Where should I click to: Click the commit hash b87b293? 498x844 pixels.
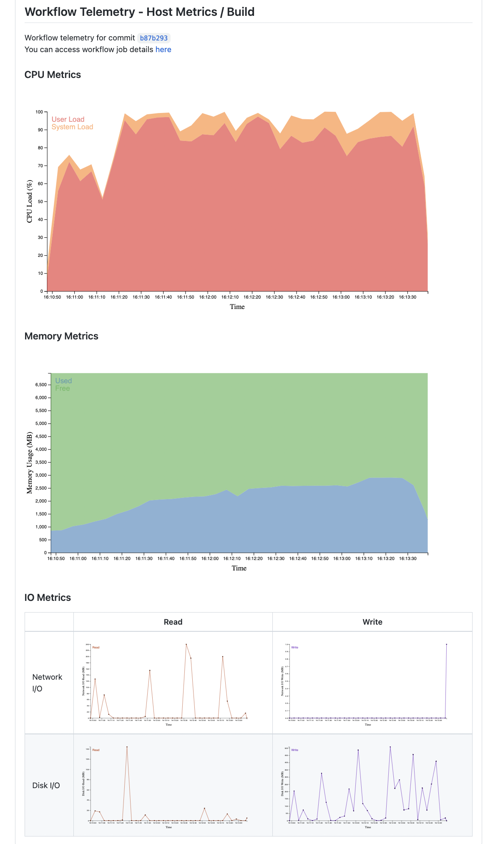[153, 38]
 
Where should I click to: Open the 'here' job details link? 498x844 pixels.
[163, 50]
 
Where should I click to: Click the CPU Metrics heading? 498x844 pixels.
[53, 75]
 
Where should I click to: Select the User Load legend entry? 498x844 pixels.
[68, 119]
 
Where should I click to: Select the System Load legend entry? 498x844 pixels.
[72, 127]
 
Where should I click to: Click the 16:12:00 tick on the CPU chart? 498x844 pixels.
[207, 297]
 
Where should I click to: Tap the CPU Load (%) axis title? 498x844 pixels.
[30, 201]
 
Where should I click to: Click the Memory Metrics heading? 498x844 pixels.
[61, 336]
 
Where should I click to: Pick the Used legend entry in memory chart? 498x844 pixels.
[63, 381]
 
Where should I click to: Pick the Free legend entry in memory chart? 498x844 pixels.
[63, 388]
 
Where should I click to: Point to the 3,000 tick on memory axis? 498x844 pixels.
[41, 475]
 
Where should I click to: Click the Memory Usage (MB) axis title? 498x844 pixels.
[30, 463]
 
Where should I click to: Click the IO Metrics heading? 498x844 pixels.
[48, 598]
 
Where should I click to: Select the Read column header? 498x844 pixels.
[173, 622]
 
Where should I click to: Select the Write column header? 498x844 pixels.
[372, 622]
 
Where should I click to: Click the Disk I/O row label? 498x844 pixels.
[46, 785]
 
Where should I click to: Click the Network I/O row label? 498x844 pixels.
[47, 683]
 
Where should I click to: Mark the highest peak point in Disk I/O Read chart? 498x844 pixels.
[127, 747]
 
